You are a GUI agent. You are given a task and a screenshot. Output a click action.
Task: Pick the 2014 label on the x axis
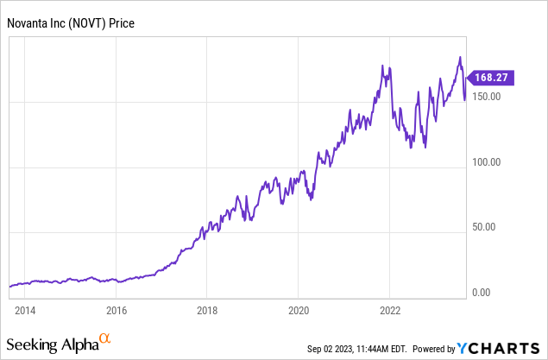(x=24, y=310)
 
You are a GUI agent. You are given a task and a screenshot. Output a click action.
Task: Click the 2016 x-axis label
(x=117, y=310)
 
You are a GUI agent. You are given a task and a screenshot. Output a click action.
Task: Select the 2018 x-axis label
(x=207, y=310)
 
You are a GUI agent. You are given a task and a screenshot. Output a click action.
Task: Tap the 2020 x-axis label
(x=299, y=310)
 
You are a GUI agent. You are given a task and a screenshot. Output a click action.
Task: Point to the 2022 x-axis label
(x=390, y=310)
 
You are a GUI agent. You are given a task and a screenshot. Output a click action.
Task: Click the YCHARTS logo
(x=499, y=348)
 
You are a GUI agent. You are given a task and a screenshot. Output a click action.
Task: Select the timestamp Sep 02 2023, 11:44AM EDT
(x=356, y=349)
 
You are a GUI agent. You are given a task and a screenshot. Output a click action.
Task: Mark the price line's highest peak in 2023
(x=460, y=58)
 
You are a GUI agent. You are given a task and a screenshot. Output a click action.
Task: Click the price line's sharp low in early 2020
(x=311, y=199)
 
